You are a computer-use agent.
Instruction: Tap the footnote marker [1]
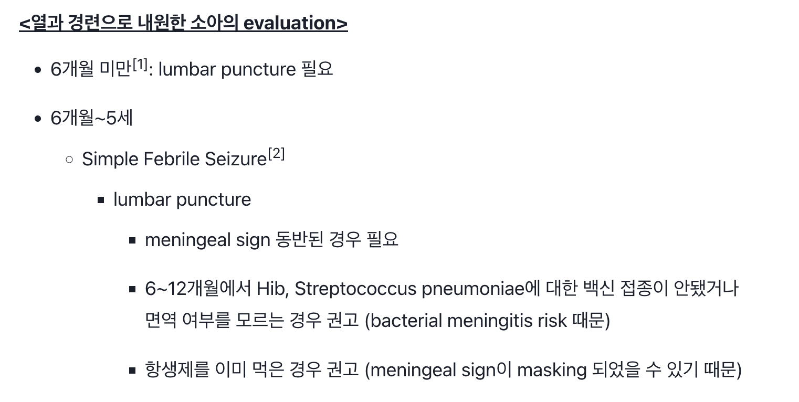[140, 65]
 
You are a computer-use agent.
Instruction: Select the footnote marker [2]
[277, 154]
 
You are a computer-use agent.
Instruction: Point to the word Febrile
[172, 158]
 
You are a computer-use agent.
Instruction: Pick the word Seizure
[236, 158]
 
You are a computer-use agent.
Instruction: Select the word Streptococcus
[355, 289]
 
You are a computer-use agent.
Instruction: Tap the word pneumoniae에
[481, 289]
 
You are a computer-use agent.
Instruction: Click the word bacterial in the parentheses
[406, 320]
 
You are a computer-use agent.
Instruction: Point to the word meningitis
[490, 321]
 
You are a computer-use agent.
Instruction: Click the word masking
[552, 371]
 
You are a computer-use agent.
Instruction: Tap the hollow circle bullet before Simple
[69, 160]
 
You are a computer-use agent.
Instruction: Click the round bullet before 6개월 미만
[38, 70]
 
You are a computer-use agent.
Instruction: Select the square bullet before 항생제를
[132, 371]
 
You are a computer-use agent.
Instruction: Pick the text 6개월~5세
[92, 118]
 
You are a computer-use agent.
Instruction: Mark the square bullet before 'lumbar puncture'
[101, 200]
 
